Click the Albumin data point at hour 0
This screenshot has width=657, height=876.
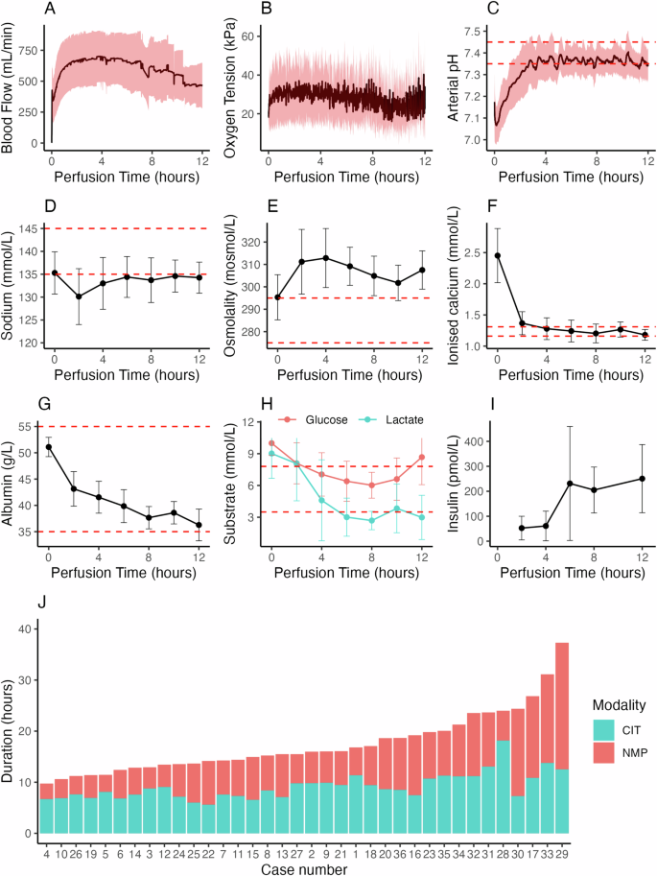[48, 447]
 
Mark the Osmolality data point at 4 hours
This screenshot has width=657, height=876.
[326, 258]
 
